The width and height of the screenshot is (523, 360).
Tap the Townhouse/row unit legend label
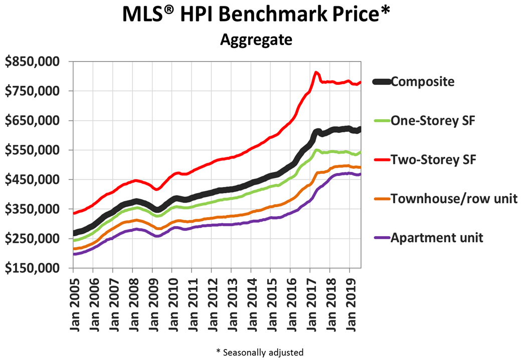(x=454, y=199)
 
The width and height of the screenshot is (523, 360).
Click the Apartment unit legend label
(x=437, y=237)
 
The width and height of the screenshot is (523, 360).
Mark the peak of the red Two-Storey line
(x=316, y=73)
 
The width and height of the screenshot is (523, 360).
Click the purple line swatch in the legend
(x=380, y=238)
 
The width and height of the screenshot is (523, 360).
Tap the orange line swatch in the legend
(x=380, y=199)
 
